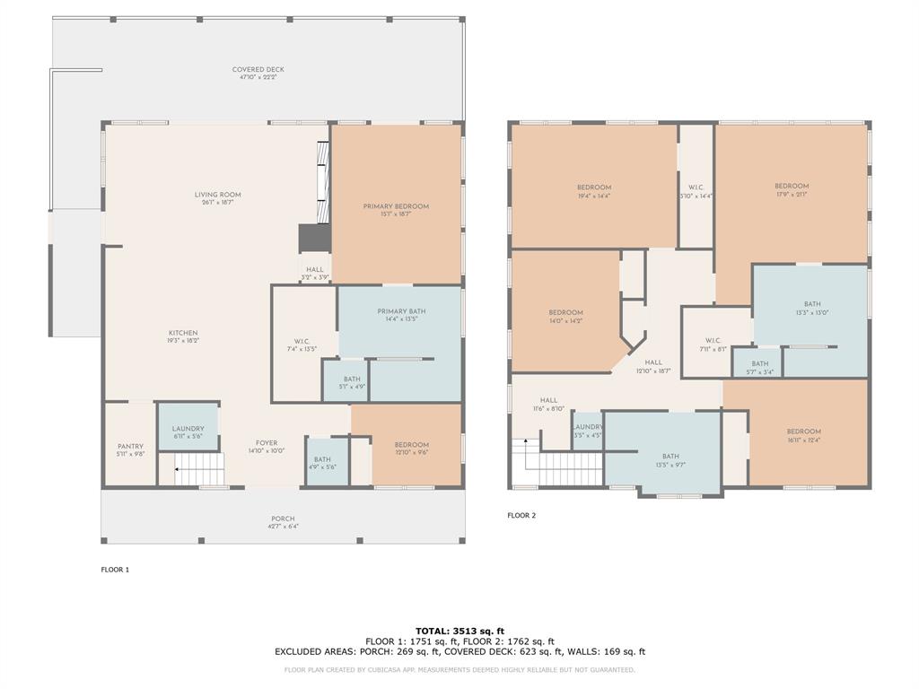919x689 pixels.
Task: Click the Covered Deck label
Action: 258,70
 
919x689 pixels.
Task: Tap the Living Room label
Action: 218,195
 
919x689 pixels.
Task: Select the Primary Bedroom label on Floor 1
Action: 396,206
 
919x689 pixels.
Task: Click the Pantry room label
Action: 130,447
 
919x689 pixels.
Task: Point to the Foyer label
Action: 267,443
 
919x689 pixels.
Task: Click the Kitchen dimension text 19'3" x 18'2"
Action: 183,341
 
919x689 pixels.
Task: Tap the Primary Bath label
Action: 400,311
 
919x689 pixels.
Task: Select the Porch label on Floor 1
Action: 283,519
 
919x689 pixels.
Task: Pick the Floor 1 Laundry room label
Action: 188,429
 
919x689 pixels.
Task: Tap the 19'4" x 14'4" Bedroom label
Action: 594,188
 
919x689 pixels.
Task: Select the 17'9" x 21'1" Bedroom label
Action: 792,187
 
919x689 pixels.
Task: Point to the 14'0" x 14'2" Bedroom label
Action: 566,313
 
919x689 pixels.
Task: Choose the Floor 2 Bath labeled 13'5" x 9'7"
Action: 670,457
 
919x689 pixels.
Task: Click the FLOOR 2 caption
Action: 521,516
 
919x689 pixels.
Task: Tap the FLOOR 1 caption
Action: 115,570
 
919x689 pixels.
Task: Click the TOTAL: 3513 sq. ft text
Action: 459,631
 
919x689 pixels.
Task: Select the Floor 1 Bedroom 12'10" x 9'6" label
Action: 412,445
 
